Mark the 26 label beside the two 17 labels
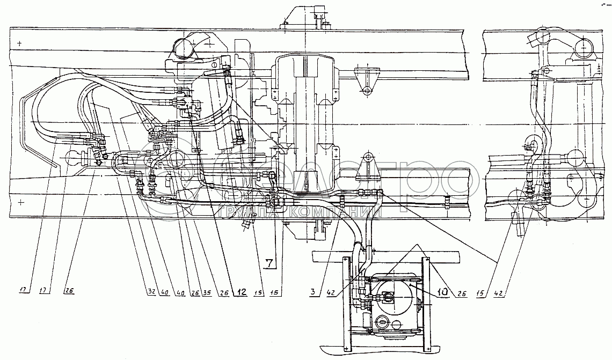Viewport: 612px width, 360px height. coord(69,292)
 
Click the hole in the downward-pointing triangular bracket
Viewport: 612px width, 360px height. coord(367,91)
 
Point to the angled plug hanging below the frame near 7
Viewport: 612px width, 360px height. coord(248,222)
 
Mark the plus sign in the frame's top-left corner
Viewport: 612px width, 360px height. coord(20,43)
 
